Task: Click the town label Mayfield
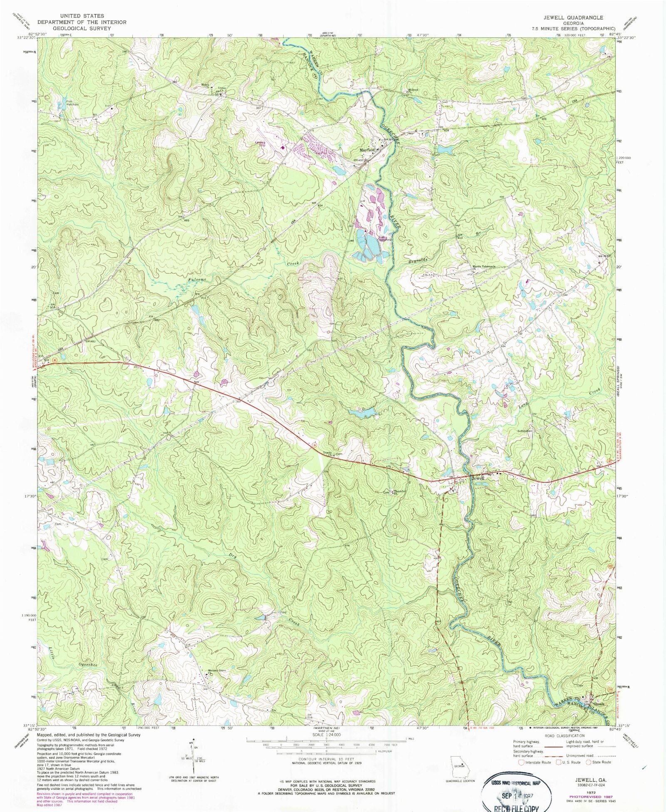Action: (367, 150)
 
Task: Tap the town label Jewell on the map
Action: (478, 478)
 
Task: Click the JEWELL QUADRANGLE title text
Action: (573, 17)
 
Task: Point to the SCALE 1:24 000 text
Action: (326, 735)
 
